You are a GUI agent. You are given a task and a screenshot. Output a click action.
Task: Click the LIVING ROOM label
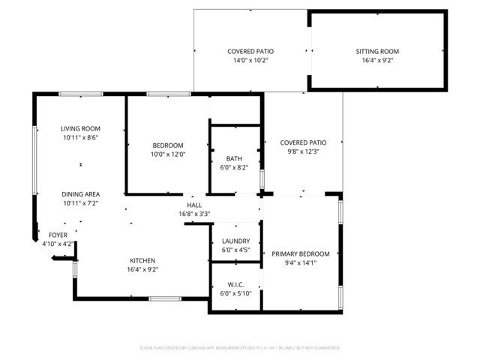[80, 128]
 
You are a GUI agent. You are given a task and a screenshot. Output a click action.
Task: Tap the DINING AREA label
[80, 193]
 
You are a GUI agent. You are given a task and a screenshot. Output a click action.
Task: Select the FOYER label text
[58, 235]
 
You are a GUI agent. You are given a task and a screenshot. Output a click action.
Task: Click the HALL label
[194, 205]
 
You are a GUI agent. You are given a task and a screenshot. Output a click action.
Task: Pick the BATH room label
[234, 158]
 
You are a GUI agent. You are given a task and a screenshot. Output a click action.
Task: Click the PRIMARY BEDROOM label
[300, 253]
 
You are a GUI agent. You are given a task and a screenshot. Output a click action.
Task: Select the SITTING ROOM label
[377, 52]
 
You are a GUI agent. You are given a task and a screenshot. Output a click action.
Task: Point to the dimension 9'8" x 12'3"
[303, 151]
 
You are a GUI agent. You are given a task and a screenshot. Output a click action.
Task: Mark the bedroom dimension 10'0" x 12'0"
[168, 154]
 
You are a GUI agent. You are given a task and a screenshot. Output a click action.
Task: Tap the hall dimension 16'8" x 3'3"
[194, 214]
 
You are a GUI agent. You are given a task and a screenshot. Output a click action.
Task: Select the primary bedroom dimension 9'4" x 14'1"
[300, 262]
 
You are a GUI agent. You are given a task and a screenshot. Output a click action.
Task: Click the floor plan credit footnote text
[240, 348]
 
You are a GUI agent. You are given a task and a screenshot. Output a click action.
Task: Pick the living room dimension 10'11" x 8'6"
[80, 137]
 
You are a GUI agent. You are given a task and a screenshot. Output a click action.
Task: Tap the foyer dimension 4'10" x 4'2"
[58, 244]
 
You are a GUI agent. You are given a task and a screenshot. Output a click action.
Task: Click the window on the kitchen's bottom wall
[164, 298]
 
